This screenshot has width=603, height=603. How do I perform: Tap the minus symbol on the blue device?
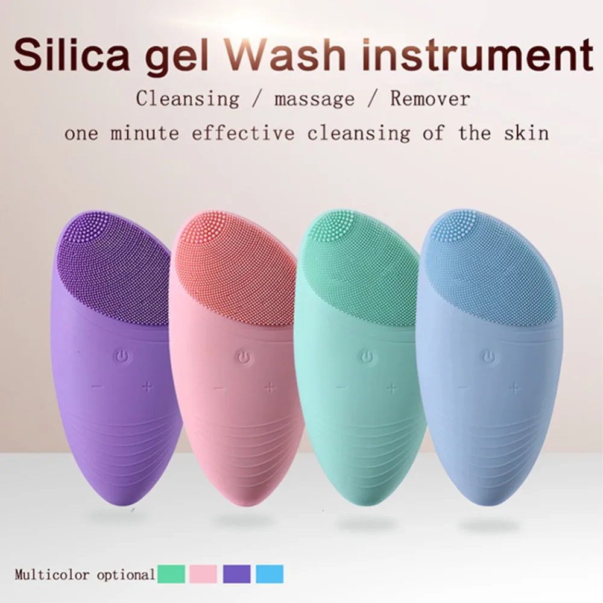pyautogui.click(x=463, y=387)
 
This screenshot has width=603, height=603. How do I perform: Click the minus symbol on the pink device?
pyautogui.click(x=219, y=388)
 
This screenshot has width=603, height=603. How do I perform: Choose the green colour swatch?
pyautogui.click(x=172, y=573)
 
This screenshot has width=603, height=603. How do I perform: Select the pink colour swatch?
pyautogui.click(x=203, y=573)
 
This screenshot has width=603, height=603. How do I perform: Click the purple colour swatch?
pyautogui.click(x=236, y=573)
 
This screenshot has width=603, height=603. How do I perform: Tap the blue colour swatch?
pyautogui.click(x=269, y=573)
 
